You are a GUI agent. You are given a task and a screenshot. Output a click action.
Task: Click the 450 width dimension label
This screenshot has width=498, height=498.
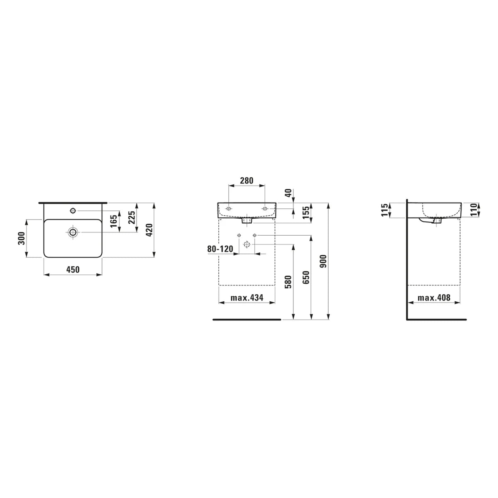click(x=73, y=270)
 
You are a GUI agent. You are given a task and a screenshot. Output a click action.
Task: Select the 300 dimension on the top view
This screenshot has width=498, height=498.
click(x=22, y=238)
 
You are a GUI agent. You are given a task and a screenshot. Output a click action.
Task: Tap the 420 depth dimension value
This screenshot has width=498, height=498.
click(x=149, y=230)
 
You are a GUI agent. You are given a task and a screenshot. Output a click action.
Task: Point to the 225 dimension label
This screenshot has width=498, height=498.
click(x=132, y=217)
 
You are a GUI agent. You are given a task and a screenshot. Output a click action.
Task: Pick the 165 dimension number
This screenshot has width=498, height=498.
click(x=114, y=221)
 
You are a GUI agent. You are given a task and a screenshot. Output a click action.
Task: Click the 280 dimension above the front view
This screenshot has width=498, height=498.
click(x=247, y=181)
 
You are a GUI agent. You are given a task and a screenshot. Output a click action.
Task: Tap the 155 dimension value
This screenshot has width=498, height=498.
click(x=306, y=212)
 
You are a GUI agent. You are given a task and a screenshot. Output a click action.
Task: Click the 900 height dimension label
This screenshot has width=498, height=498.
click(x=323, y=261)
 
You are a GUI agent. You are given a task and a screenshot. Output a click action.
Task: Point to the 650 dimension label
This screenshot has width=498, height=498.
click(x=306, y=277)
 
